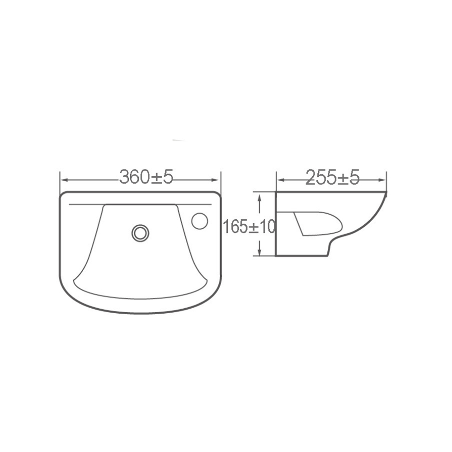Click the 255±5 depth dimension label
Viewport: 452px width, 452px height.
(332, 178)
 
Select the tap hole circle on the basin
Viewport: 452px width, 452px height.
(199, 221)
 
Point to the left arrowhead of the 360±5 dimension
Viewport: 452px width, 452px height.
(63, 180)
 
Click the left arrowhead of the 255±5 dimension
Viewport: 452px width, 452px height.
(279, 180)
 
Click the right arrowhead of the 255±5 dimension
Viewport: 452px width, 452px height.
(385, 180)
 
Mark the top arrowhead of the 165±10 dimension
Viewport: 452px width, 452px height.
(260, 196)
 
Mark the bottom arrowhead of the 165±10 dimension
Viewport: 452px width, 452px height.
(260, 253)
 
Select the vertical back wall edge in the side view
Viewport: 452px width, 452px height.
(275, 224)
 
